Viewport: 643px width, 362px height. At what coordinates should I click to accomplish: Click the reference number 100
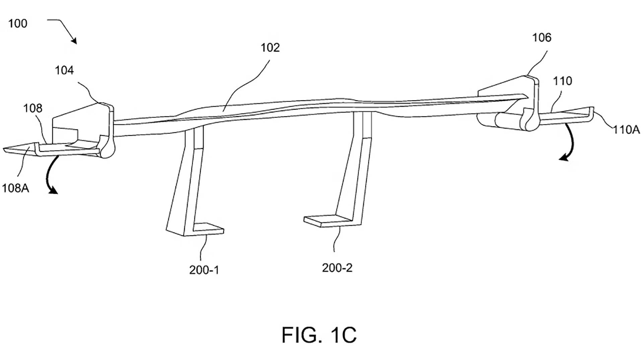(x=17, y=23)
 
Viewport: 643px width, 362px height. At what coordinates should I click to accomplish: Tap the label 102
(x=270, y=48)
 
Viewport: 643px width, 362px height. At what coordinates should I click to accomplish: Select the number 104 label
(x=64, y=70)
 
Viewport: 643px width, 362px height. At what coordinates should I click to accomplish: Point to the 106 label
(x=542, y=38)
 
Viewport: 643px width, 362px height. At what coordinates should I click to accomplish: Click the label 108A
(x=15, y=188)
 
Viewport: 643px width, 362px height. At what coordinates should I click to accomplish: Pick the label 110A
(x=626, y=129)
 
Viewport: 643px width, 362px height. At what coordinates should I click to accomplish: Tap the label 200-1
(x=204, y=270)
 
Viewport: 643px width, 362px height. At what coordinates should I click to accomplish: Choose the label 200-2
(x=337, y=268)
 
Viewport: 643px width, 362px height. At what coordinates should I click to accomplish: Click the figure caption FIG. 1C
(x=319, y=335)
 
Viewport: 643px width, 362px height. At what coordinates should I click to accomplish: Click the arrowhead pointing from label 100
(x=74, y=41)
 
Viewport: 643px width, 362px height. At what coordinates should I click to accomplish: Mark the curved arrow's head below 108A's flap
(x=54, y=191)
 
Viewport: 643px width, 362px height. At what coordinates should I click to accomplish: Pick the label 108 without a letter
(x=32, y=108)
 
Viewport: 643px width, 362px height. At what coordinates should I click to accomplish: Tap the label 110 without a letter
(x=562, y=81)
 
